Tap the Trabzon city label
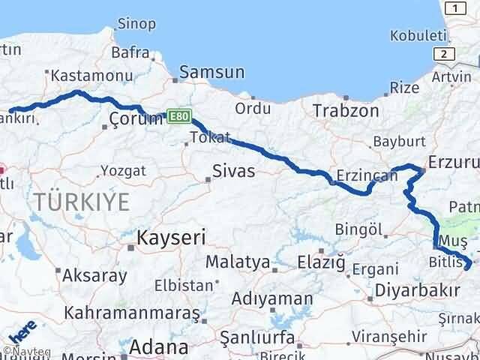point(347,109)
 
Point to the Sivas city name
point(234,171)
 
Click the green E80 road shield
point(178,117)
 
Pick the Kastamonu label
point(82,75)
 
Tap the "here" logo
point(22,340)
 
